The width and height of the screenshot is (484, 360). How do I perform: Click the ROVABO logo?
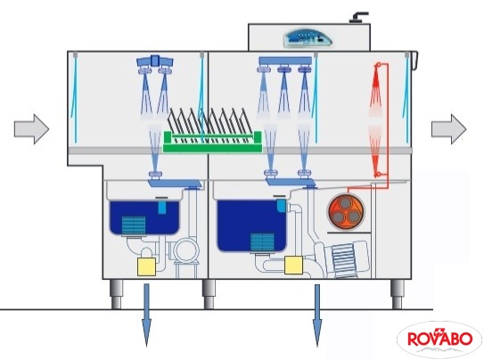click(x=439, y=340)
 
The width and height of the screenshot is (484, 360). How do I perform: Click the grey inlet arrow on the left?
click(x=31, y=129)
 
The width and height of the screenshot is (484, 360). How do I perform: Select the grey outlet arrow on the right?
click(x=449, y=129)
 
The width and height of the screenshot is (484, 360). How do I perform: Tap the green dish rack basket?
click(x=212, y=142)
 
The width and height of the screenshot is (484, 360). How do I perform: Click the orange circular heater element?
click(x=346, y=212)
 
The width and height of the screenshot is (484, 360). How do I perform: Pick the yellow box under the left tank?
click(x=146, y=266)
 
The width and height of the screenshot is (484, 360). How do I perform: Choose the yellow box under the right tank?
click(x=293, y=265)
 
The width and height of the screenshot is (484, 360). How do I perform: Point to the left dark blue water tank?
click(x=144, y=217)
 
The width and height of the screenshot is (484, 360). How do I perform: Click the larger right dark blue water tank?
click(x=251, y=225)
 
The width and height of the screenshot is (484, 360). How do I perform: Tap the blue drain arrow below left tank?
click(x=146, y=315)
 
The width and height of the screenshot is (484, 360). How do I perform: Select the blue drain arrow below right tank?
click(x=317, y=315)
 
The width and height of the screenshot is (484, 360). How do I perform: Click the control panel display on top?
click(x=308, y=38)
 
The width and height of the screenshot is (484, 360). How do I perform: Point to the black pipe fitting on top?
click(x=358, y=17)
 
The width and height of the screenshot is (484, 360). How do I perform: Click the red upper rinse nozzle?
click(x=378, y=65)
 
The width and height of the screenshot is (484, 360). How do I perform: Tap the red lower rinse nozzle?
click(x=377, y=175)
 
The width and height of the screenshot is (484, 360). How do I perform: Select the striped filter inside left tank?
click(x=134, y=225)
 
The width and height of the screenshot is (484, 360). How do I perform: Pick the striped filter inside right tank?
click(x=262, y=242)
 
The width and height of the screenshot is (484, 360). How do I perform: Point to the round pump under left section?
click(x=186, y=251)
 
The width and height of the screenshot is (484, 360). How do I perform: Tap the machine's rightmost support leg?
click(x=398, y=294)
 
